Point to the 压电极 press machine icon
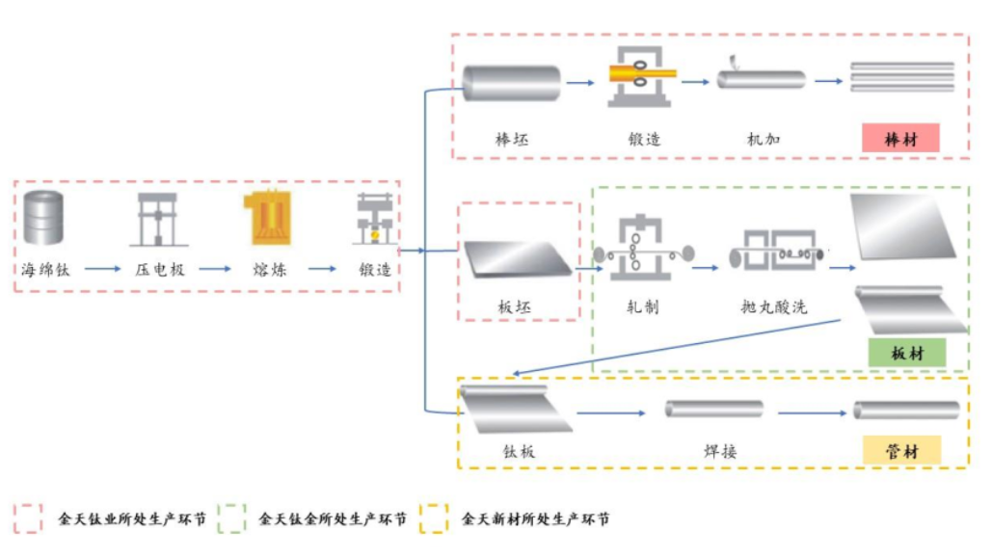pos(158,219)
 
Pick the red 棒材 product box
pos(900,140)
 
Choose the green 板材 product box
pos(906,354)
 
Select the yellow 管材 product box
pos(901,450)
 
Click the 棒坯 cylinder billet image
pos(511,83)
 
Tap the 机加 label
pos(763,140)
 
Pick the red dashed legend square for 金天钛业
pos(28,518)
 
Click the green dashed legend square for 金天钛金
pos(232,518)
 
